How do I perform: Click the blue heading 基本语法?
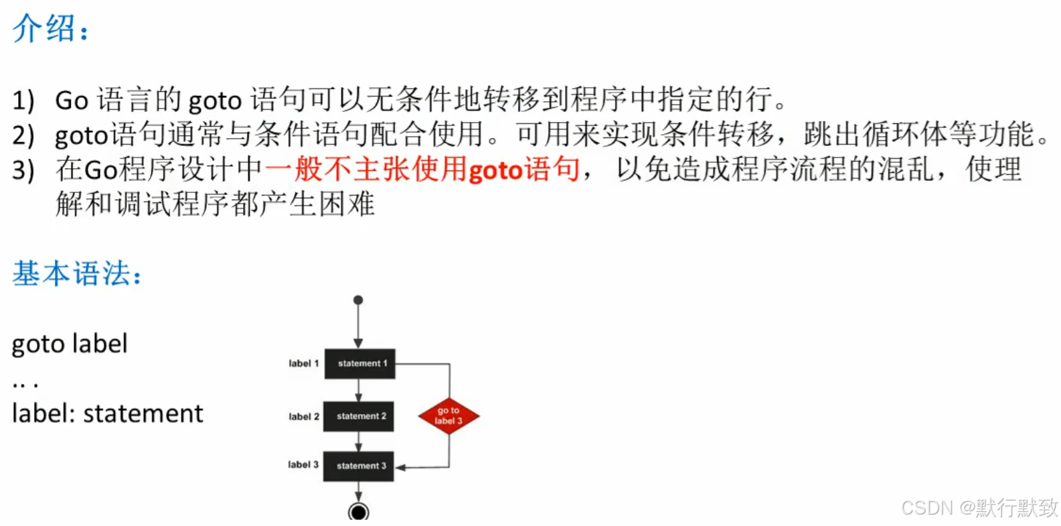(x=75, y=273)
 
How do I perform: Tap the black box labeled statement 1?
(x=360, y=364)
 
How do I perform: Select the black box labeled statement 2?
(x=359, y=416)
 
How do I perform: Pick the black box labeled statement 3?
(x=359, y=466)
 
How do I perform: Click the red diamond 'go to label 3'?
(x=448, y=416)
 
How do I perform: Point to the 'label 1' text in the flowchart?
(x=303, y=364)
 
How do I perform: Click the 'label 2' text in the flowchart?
(x=303, y=417)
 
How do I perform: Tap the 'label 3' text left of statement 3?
(x=303, y=465)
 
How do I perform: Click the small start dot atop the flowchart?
(x=358, y=300)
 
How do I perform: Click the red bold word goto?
(x=495, y=170)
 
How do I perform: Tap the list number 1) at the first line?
(x=23, y=101)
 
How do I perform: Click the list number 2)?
(x=23, y=135)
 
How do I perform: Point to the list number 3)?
(x=23, y=170)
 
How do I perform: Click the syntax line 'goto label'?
(x=70, y=344)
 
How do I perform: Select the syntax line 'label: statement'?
(x=107, y=413)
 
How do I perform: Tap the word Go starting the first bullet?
(x=72, y=101)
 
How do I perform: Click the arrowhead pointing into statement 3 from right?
(x=400, y=467)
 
